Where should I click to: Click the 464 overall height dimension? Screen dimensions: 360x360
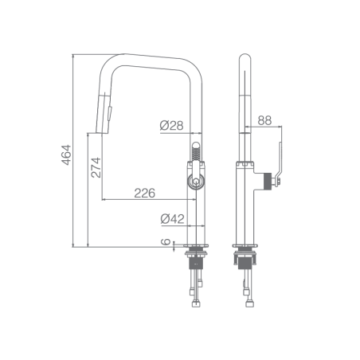tap(67, 155)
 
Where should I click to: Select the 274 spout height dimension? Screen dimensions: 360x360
tap(96, 167)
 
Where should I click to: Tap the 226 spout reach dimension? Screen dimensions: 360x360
tap(144, 193)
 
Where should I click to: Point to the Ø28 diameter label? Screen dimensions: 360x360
tap(171, 125)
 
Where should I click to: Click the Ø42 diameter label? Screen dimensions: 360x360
tap(172, 219)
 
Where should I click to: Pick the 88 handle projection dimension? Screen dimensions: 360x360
tap(264, 120)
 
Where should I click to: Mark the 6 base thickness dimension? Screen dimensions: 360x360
tap(166, 241)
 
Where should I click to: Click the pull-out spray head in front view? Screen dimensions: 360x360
tap(104, 113)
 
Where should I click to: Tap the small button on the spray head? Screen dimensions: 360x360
tap(110, 113)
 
